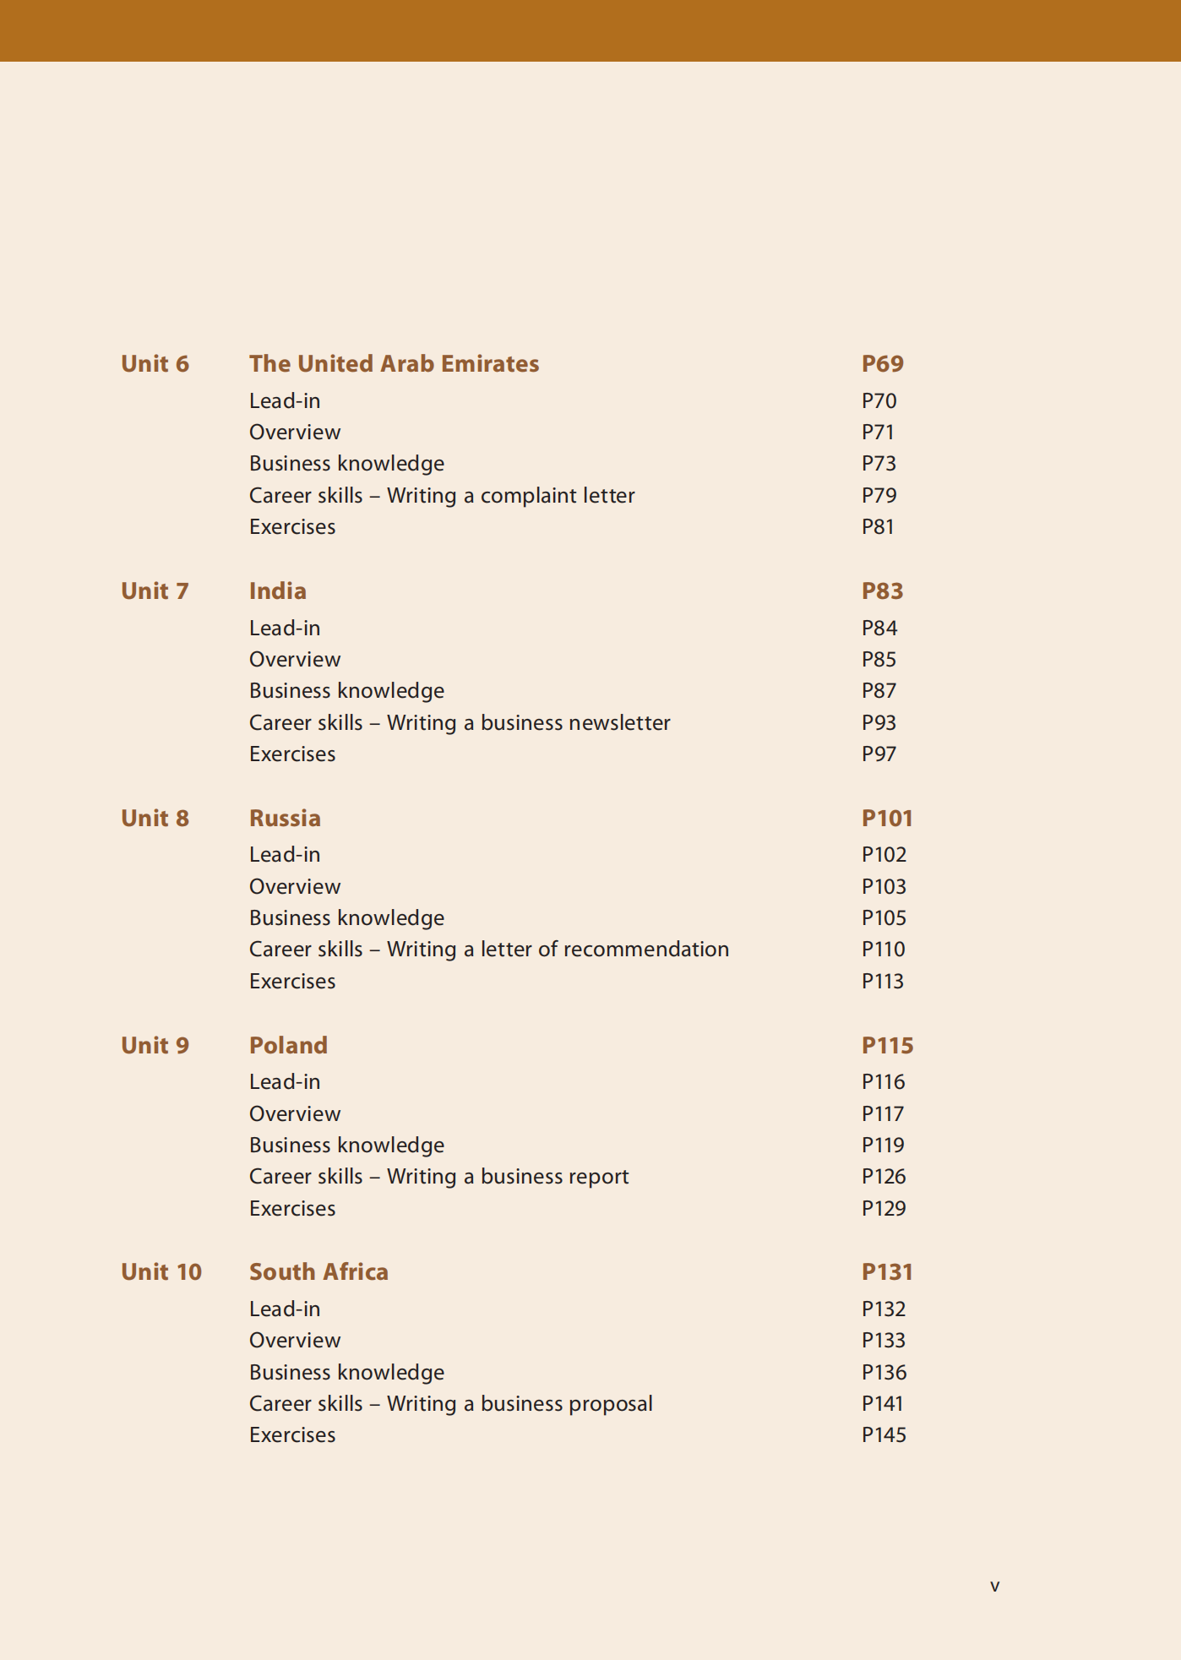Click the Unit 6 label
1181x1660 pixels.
(155, 364)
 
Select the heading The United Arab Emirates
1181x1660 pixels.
(394, 364)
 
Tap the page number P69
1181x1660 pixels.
(882, 364)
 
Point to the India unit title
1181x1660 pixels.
(277, 591)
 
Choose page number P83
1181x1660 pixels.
(882, 591)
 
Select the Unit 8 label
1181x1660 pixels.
(155, 819)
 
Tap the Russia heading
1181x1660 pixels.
(285, 819)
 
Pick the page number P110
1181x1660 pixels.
(883, 950)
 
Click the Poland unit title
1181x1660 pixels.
(288, 1046)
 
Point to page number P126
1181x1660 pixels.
(884, 1177)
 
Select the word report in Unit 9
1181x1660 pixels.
(598, 1177)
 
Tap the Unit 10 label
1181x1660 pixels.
(161, 1272)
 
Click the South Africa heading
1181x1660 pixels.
(318, 1272)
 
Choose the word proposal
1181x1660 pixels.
(612, 1404)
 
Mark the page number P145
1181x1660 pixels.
(884, 1435)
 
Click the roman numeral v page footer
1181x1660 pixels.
(994, 1587)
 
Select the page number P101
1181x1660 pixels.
(887, 819)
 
